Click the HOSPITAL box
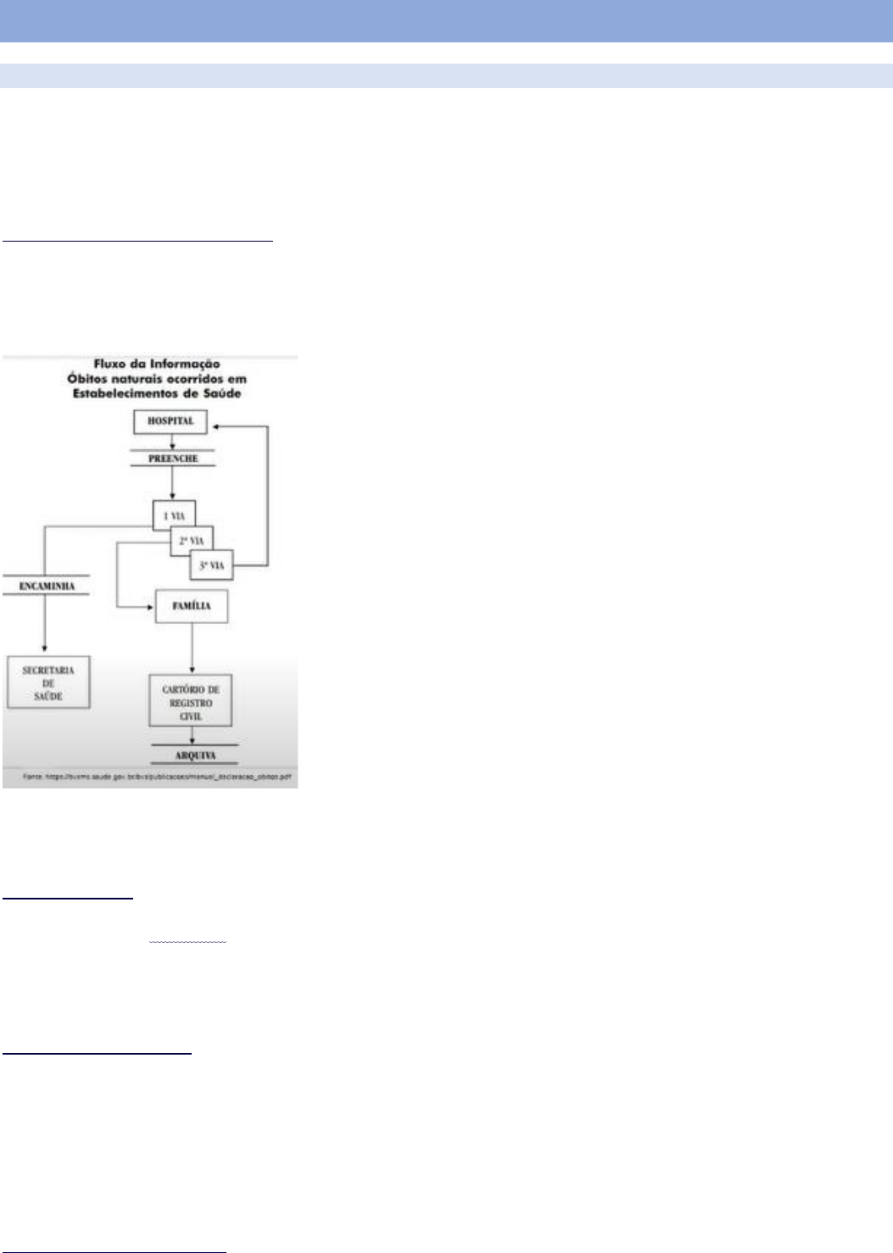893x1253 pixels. [170, 421]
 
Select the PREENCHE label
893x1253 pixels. [172, 459]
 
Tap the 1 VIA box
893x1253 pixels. [174, 515]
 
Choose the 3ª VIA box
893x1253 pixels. [212, 565]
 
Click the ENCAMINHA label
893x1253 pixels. [47, 586]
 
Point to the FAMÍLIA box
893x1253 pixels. [191, 606]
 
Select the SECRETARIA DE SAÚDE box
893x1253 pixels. [48, 682]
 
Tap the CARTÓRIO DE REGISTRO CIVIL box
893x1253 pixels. [191, 702]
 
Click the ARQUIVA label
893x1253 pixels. [194, 755]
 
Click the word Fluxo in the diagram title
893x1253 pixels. [110, 364]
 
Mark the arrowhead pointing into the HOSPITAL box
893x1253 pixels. [215, 426]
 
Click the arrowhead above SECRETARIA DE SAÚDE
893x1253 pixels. [45, 649]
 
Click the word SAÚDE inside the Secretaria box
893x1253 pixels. [48, 697]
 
